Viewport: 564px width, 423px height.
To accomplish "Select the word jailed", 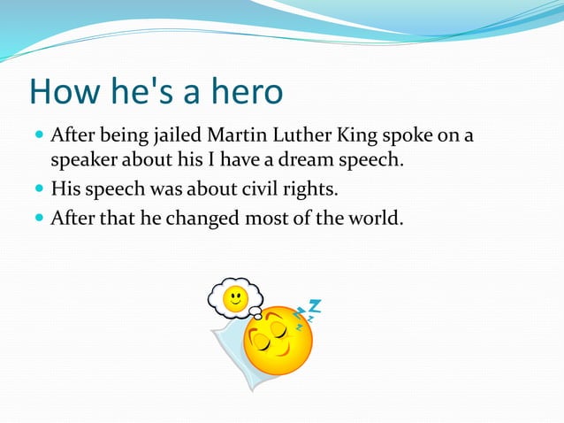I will [x=177, y=136].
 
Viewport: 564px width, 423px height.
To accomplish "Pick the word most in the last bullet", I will [x=271, y=217].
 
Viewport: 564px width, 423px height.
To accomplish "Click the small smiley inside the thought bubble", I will [x=234, y=297].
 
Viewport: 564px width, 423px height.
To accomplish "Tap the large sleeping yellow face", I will [x=277, y=341].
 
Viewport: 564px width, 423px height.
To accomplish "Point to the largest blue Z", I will [x=314, y=307].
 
